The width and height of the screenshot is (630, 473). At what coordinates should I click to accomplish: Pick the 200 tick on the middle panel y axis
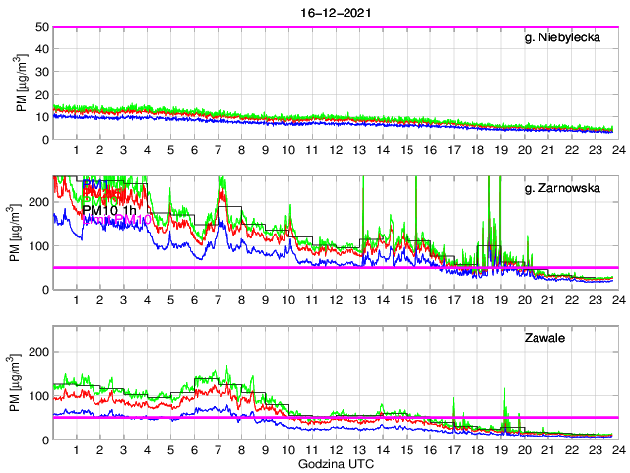(39, 201)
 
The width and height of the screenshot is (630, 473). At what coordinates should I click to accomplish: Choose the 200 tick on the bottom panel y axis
(39, 352)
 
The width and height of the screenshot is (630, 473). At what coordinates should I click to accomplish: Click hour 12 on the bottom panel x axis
(335, 449)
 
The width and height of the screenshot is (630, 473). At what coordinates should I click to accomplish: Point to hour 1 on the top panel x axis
(76, 150)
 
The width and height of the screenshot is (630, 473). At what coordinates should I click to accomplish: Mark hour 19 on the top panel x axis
(500, 150)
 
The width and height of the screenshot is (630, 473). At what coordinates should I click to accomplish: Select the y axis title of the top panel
(22, 83)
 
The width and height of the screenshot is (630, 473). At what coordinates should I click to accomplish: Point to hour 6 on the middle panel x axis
(194, 300)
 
